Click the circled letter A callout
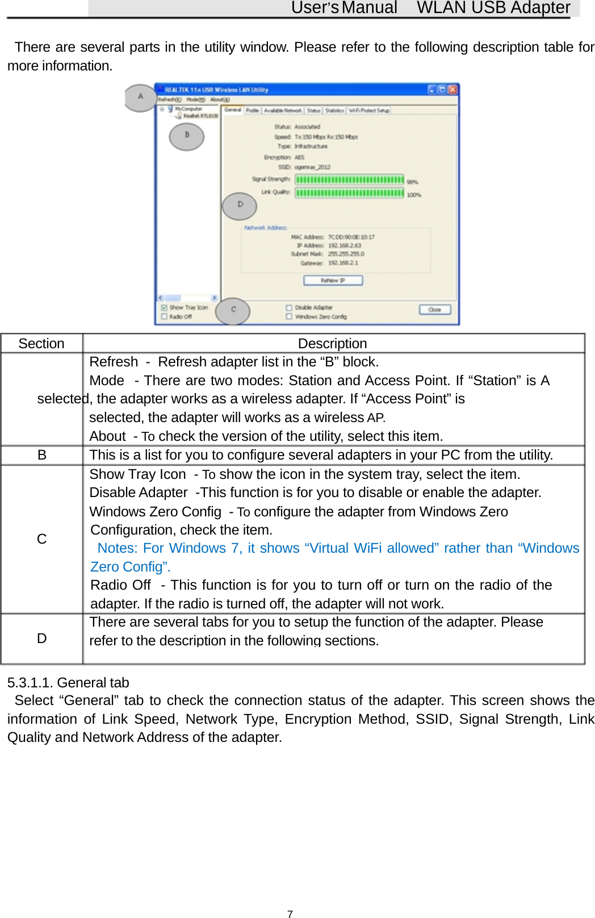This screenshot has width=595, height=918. tap(140, 97)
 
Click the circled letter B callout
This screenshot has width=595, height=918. tap(186, 136)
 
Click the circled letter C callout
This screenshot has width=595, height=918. tap(233, 310)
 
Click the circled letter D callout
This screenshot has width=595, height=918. tap(240, 205)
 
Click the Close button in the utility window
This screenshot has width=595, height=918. tap(435, 310)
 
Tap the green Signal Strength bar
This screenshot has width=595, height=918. tap(349, 180)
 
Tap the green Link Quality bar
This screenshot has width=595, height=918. tap(349, 193)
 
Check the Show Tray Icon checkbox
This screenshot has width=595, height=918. tap(164, 307)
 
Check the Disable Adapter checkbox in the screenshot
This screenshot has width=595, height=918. tap(289, 307)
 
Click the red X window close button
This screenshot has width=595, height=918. tap(452, 89)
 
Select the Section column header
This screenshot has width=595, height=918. tap(41, 344)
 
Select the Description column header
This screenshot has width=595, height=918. tap(332, 344)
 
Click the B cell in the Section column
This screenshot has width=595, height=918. tap(41, 455)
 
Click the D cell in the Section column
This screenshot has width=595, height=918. tap(41, 639)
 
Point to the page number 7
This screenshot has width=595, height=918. tap(290, 914)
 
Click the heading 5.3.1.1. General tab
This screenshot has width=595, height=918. tap(68, 682)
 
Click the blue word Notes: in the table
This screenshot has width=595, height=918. tap(118, 548)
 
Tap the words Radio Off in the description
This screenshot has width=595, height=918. tap(120, 585)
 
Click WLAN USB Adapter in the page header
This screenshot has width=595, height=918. tap(493, 7)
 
